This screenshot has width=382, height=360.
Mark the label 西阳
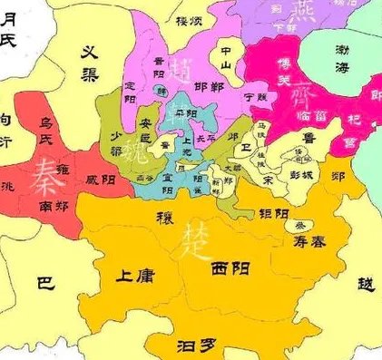(x=230, y=269)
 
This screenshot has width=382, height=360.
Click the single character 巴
(x=44, y=284)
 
